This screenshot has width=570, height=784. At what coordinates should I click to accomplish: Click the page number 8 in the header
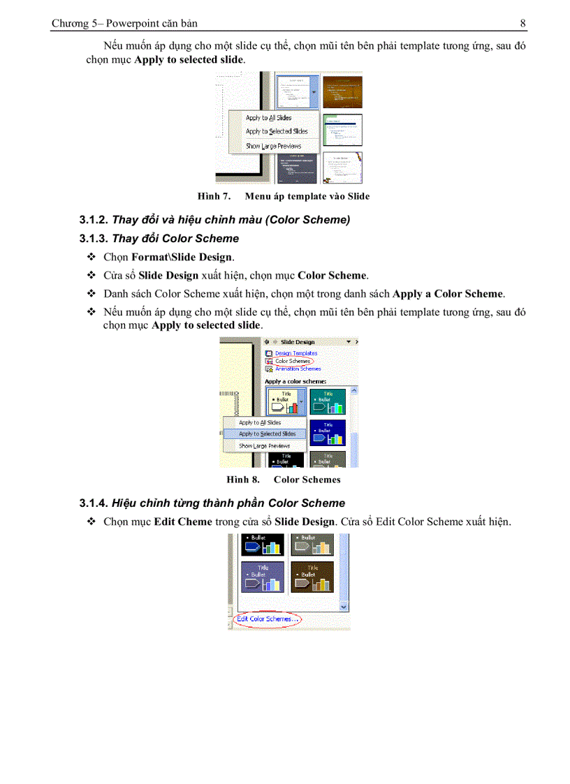(522, 24)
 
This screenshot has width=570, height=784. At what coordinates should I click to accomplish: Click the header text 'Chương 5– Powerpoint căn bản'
(115, 24)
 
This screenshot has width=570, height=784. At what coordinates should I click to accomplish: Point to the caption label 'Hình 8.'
(243, 480)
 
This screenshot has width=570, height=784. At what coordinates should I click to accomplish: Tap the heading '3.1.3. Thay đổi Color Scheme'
(159, 239)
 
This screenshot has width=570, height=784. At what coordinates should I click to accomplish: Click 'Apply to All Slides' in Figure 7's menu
(268, 119)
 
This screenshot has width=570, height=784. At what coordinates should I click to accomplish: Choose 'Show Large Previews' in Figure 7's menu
(273, 147)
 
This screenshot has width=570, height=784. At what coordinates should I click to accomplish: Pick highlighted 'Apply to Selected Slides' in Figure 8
(267, 434)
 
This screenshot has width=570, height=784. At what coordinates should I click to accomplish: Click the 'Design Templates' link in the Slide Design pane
(295, 353)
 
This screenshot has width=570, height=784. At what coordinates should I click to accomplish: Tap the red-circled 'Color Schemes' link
(293, 361)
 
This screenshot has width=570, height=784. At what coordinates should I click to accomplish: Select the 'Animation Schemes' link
(298, 369)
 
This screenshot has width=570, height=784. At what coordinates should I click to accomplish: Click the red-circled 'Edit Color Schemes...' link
(268, 619)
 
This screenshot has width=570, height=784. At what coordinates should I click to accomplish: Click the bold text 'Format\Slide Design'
(182, 257)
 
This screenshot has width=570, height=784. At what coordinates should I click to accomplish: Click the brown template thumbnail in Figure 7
(342, 91)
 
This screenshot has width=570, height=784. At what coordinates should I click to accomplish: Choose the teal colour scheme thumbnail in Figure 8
(328, 402)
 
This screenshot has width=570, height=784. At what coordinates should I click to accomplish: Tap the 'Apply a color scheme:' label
(295, 382)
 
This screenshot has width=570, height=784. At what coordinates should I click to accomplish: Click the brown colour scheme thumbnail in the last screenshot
(312, 577)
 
